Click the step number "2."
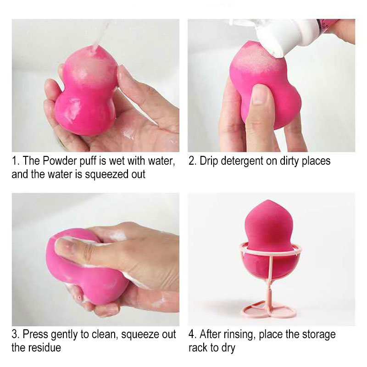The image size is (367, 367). (192, 161)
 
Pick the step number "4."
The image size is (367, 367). (193, 334)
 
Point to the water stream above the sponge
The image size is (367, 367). (99, 34)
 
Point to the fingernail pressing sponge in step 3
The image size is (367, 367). (64, 248)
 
